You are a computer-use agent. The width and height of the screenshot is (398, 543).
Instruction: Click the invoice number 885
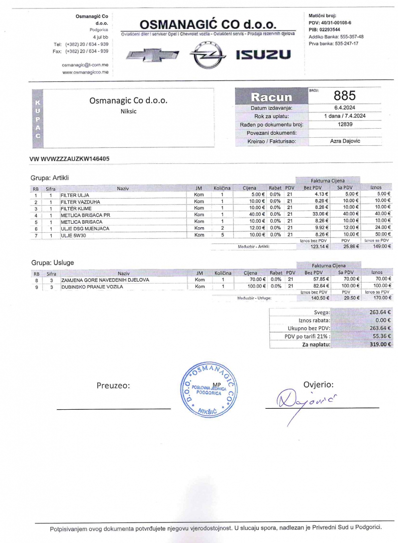[x=344, y=96]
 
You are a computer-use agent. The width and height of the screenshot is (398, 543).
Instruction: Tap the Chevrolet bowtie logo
[x=152, y=55]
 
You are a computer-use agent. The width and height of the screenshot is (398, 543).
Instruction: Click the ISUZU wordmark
[x=263, y=55]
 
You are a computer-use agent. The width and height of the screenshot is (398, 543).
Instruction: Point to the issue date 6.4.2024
[x=345, y=108]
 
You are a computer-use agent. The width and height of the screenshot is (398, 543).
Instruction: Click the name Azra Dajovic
[x=345, y=141]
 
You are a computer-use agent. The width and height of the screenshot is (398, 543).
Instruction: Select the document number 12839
[x=345, y=124]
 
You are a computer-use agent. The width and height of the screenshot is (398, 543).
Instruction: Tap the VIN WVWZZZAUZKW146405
[x=70, y=159]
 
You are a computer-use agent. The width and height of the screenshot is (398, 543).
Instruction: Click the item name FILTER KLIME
[x=76, y=208]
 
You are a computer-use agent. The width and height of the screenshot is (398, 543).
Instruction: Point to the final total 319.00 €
[x=380, y=344]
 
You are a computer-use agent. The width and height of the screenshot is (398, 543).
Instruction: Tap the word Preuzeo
[x=113, y=386]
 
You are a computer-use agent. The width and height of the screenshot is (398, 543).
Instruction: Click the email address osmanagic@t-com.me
[x=85, y=65]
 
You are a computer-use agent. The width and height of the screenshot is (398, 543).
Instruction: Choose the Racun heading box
[x=271, y=97]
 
